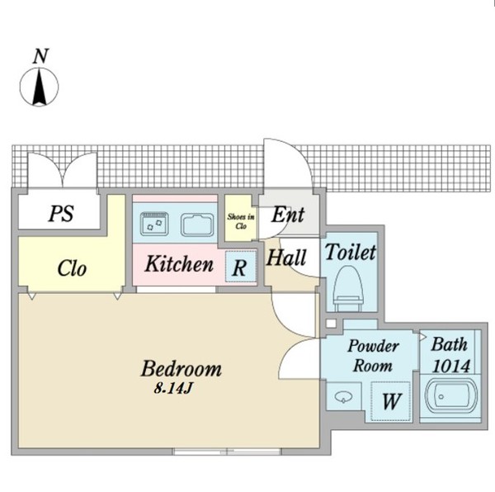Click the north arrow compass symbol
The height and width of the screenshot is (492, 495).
point(39,87)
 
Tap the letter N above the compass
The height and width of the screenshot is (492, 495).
point(40,56)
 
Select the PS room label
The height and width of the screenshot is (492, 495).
point(61,214)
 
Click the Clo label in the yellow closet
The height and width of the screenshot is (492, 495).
point(72,268)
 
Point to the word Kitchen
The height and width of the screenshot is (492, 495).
point(179,263)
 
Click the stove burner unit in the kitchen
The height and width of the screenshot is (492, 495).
point(154,224)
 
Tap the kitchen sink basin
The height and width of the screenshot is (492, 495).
point(197,225)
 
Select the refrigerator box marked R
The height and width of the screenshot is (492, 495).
point(240,267)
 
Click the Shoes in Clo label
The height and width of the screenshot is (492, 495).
point(241,221)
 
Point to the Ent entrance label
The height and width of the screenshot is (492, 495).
point(288,215)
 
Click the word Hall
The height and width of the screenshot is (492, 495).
point(286,258)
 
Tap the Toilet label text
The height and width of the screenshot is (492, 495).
point(351,252)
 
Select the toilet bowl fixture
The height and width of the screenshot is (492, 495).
point(348,289)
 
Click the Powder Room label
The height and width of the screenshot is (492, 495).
point(373,356)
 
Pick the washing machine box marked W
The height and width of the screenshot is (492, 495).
point(390,401)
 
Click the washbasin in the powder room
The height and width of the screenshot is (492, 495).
point(343,397)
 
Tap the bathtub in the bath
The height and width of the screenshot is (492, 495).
point(450,398)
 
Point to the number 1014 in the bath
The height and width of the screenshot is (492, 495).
point(451,367)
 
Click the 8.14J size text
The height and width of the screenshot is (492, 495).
point(173,388)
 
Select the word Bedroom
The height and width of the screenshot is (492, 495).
point(181,368)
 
